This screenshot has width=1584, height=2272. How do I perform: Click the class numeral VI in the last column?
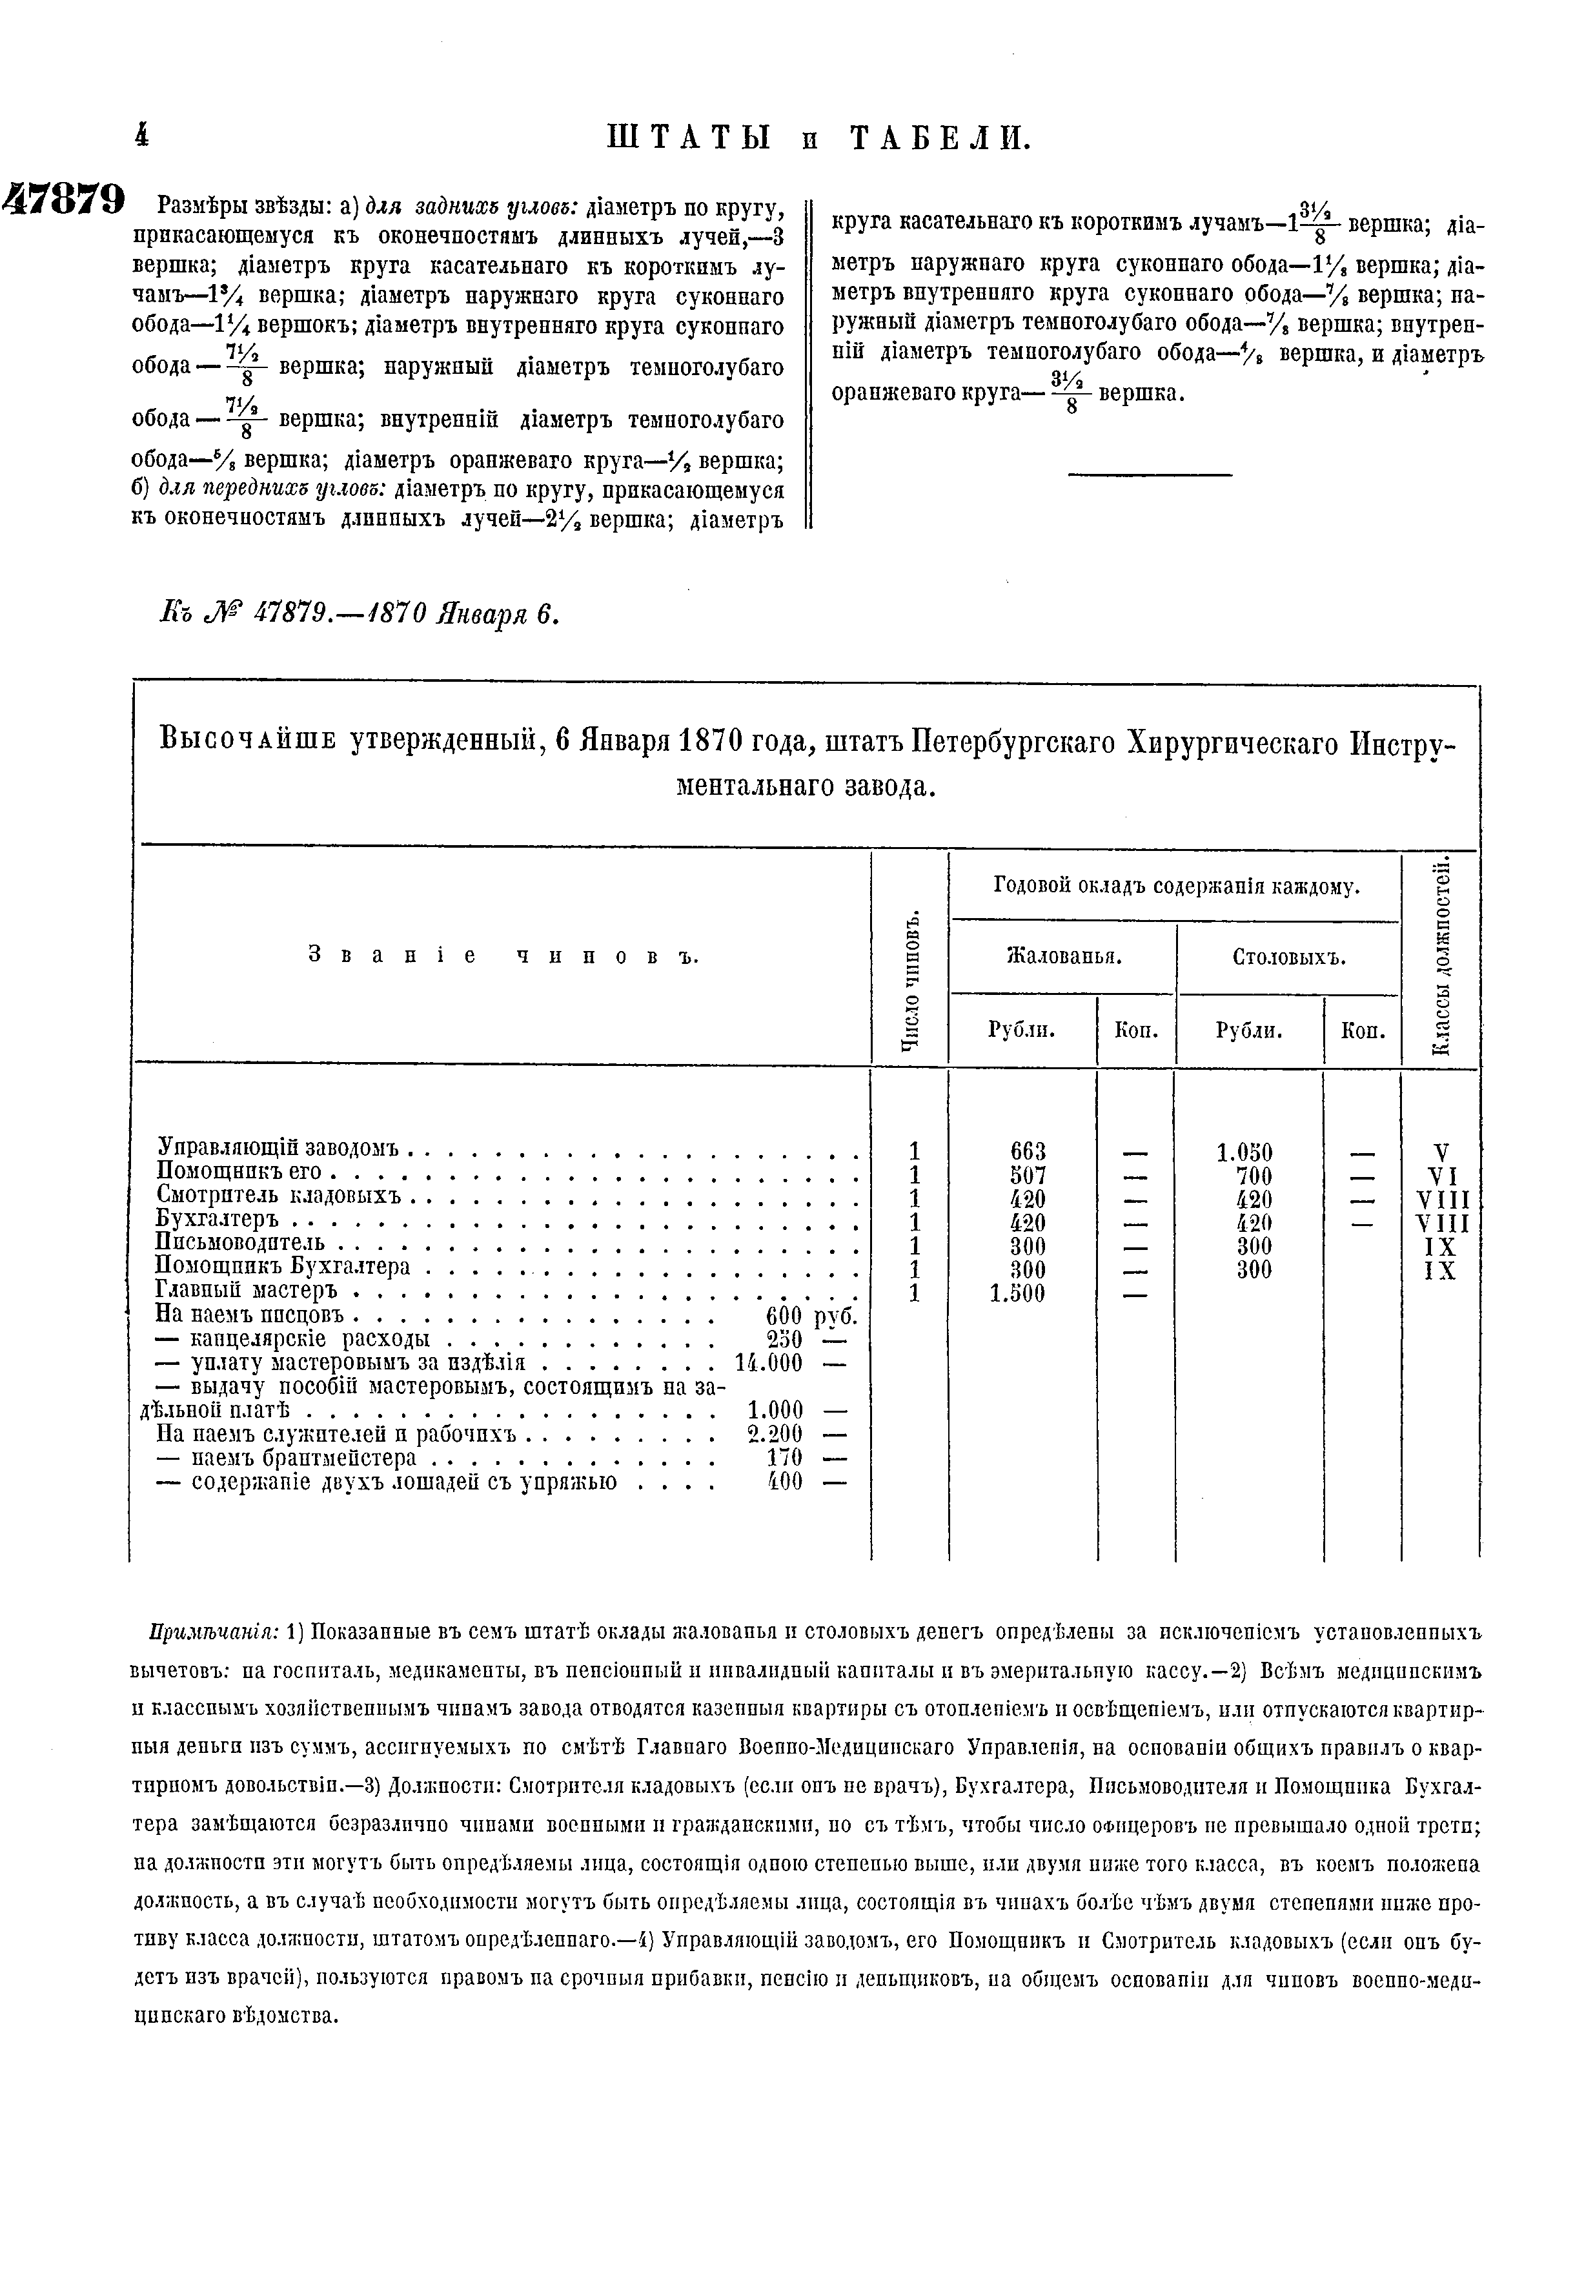tap(1441, 1176)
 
